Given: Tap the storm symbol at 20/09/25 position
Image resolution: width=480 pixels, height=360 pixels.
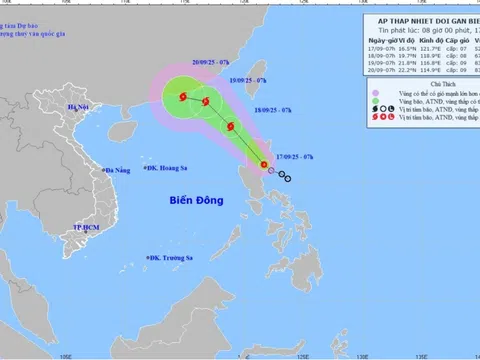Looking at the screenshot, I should click(x=182, y=96).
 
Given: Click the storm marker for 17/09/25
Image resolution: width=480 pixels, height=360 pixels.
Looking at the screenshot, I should click(x=264, y=165).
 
